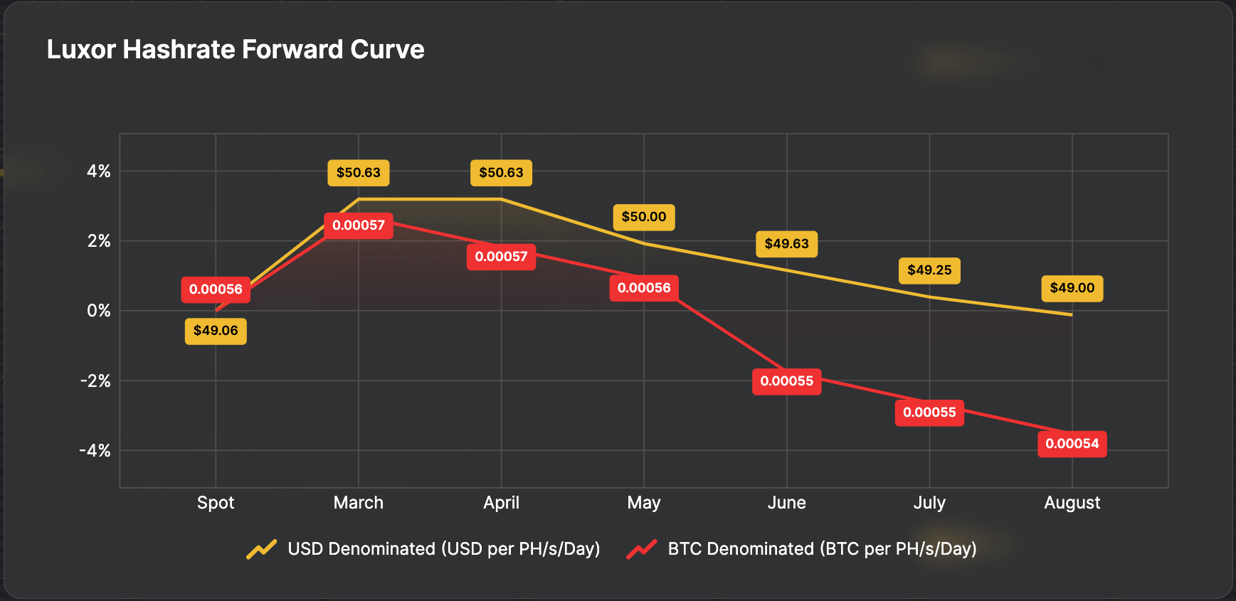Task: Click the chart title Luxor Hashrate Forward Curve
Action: [235, 50]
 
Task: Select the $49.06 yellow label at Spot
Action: [216, 331]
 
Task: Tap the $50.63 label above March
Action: [358, 173]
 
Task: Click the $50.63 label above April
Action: [501, 173]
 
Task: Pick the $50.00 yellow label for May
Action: [644, 217]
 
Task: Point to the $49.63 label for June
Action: [786, 244]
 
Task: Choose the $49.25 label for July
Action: [929, 270]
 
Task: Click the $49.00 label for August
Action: [1072, 288]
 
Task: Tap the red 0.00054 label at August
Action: [1072, 444]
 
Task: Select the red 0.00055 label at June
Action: [786, 381]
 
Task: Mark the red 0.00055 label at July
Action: [929, 413]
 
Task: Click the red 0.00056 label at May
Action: [644, 288]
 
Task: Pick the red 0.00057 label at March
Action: [358, 225]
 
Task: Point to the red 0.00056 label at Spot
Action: [216, 289]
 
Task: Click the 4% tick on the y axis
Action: [99, 171]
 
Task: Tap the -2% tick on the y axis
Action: [95, 381]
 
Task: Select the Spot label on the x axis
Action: [216, 503]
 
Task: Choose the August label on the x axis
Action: [1072, 503]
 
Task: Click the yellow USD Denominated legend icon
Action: [262, 549]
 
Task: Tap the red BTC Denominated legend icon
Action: [642, 549]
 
